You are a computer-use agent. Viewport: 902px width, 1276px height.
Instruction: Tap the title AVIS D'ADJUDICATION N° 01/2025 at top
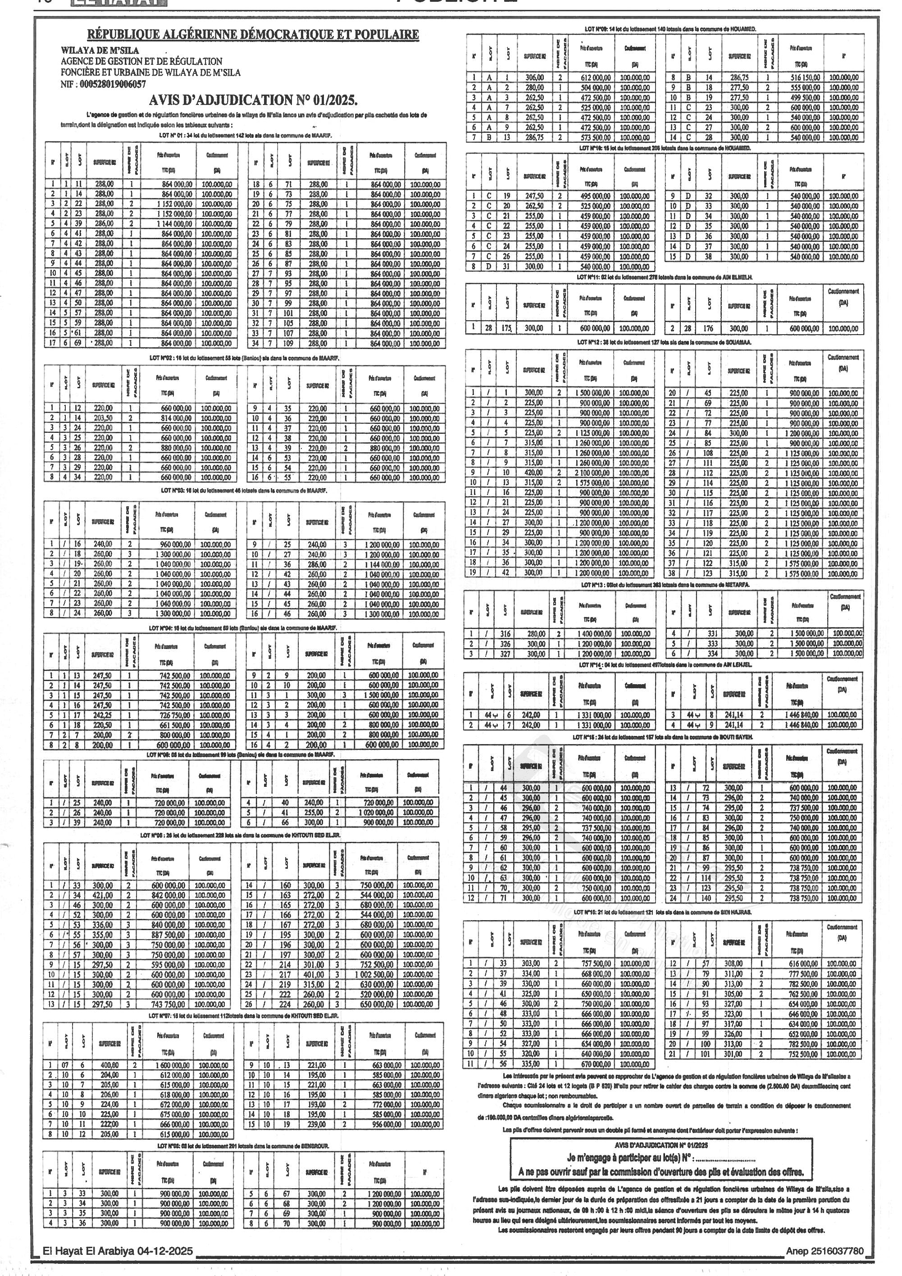click(253, 100)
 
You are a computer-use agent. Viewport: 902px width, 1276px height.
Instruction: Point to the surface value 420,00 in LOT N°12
click(533, 472)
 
